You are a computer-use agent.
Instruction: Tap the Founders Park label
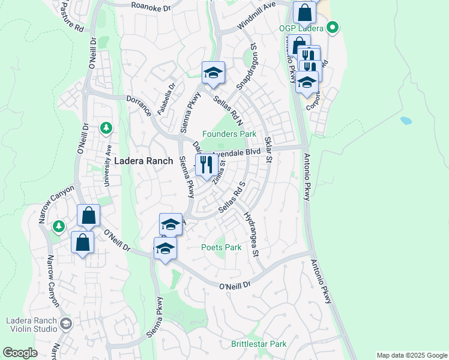click(229, 134)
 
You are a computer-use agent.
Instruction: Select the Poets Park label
click(221, 247)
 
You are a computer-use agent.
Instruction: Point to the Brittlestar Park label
click(259, 344)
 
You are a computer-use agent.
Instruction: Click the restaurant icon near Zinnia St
click(206, 164)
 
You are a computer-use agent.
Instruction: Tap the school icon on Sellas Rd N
click(212, 73)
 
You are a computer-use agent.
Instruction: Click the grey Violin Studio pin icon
click(66, 324)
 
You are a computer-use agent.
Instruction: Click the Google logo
click(20, 353)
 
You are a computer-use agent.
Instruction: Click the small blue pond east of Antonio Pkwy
click(406, 121)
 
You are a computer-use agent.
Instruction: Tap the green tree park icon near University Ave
click(106, 128)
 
